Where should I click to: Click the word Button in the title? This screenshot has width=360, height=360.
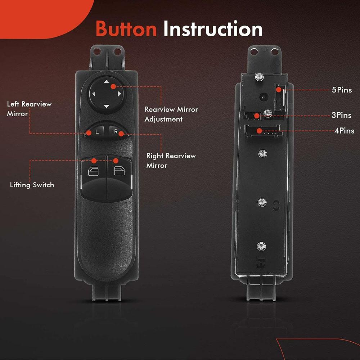pos(126,28)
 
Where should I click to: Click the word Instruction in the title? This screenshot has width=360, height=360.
pos(213,28)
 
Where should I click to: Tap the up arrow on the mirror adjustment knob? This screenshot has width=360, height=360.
pos(106,81)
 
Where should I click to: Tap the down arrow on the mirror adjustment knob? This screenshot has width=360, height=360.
pos(106,106)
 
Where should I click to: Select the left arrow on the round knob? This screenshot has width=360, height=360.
pos(94,94)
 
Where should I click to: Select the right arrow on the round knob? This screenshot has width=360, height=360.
pos(119,94)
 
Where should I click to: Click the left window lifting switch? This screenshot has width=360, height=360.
pos(94,178)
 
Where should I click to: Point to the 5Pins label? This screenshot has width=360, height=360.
pos(342,90)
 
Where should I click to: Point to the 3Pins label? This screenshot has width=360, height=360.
pos(341,115)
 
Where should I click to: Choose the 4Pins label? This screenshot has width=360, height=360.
pos(345,131)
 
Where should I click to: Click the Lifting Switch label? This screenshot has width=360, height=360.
pos(32,185)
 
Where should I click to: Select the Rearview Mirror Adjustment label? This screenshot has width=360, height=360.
pos(171,114)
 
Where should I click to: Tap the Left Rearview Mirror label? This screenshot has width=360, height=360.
pos(29,109)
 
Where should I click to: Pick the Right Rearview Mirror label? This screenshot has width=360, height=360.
pos(171,161)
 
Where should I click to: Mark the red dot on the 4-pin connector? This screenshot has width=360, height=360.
pos(259,131)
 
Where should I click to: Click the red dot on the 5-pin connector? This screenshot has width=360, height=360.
pos(279,90)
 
